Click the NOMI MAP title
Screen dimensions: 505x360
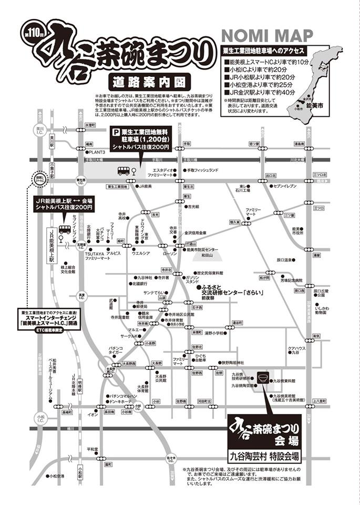coord(268,36)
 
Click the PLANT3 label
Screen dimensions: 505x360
coord(97,152)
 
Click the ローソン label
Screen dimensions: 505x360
coord(171,254)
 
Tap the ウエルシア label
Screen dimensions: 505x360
coord(141,254)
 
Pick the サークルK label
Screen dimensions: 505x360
coord(129,336)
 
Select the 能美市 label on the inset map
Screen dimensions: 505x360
coord(319,106)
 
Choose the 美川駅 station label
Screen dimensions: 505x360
coord(52,143)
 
